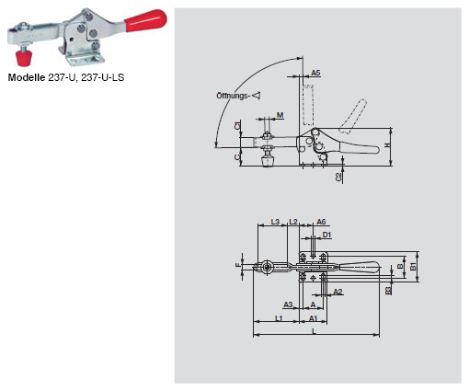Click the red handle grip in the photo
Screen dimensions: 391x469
click(146, 18)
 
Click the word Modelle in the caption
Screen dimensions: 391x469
click(28, 78)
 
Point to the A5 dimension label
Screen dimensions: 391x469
click(315, 72)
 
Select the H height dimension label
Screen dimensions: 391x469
click(387, 145)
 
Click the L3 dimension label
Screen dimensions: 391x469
click(274, 222)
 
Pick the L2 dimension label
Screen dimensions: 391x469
click(293, 222)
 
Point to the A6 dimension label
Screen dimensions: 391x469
click(321, 222)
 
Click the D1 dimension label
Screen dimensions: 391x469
click(326, 236)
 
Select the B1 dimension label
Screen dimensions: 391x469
click(413, 267)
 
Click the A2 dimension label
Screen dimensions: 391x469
click(338, 291)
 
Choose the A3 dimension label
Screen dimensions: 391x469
click(288, 305)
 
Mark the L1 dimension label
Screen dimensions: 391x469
click(278, 318)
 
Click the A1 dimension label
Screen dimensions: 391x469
click(313, 318)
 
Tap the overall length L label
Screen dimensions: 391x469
click(314, 331)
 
